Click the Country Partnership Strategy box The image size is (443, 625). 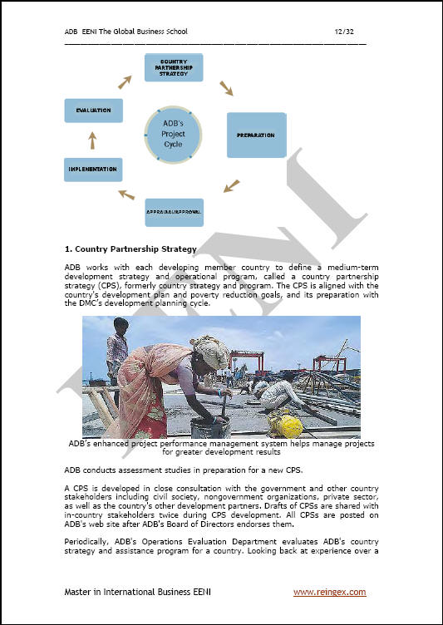[x=174, y=67]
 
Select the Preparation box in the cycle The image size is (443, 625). [x=256, y=135]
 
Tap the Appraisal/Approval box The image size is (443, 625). [x=174, y=213]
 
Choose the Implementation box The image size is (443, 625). [x=93, y=170]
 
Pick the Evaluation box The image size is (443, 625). [x=93, y=111]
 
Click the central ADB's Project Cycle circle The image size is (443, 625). [x=173, y=135]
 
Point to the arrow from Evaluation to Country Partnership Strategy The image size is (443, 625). [x=125, y=82]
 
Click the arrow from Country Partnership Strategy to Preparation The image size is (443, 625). [x=226, y=88]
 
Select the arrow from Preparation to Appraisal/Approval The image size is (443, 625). [x=231, y=185]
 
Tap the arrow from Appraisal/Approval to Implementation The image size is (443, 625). [x=126, y=194]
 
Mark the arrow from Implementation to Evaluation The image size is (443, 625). [x=92, y=140]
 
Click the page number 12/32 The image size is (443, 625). [x=344, y=32]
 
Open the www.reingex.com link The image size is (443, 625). [x=329, y=593]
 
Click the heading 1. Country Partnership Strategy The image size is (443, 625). [x=130, y=249]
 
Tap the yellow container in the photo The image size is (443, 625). [x=285, y=424]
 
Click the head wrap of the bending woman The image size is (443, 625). [x=209, y=352]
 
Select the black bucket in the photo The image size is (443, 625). [x=210, y=427]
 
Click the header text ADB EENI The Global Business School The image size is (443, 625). [x=126, y=32]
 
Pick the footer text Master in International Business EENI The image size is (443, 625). [x=138, y=593]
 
